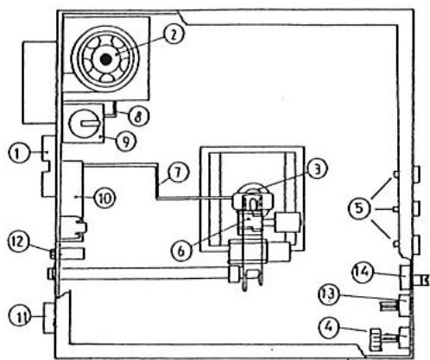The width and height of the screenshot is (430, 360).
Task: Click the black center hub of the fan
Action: click(105, 58)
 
